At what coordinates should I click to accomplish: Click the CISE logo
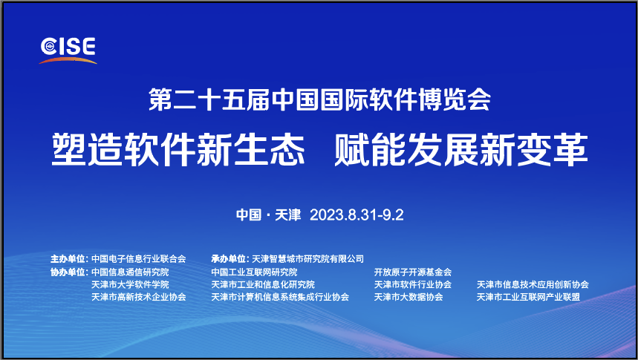click(68, 48)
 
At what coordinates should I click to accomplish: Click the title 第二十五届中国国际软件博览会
click(320, 101)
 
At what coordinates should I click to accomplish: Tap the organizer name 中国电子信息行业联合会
click(138, 259)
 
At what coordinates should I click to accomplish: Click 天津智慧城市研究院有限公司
click(308, 259)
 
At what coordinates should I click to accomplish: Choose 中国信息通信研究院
click(130, 272)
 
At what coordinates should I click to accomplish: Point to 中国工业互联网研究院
click(254, 272)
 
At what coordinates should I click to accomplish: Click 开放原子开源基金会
click(413, 272)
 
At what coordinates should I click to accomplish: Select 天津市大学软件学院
click(130, 284)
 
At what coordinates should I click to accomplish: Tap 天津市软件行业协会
click(413, 284)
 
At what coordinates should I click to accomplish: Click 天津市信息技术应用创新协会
click(533, 284)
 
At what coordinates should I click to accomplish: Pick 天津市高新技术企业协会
click(138, 297)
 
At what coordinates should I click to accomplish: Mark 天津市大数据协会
click(408, 297)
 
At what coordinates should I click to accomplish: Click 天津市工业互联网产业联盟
click(528, 297)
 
